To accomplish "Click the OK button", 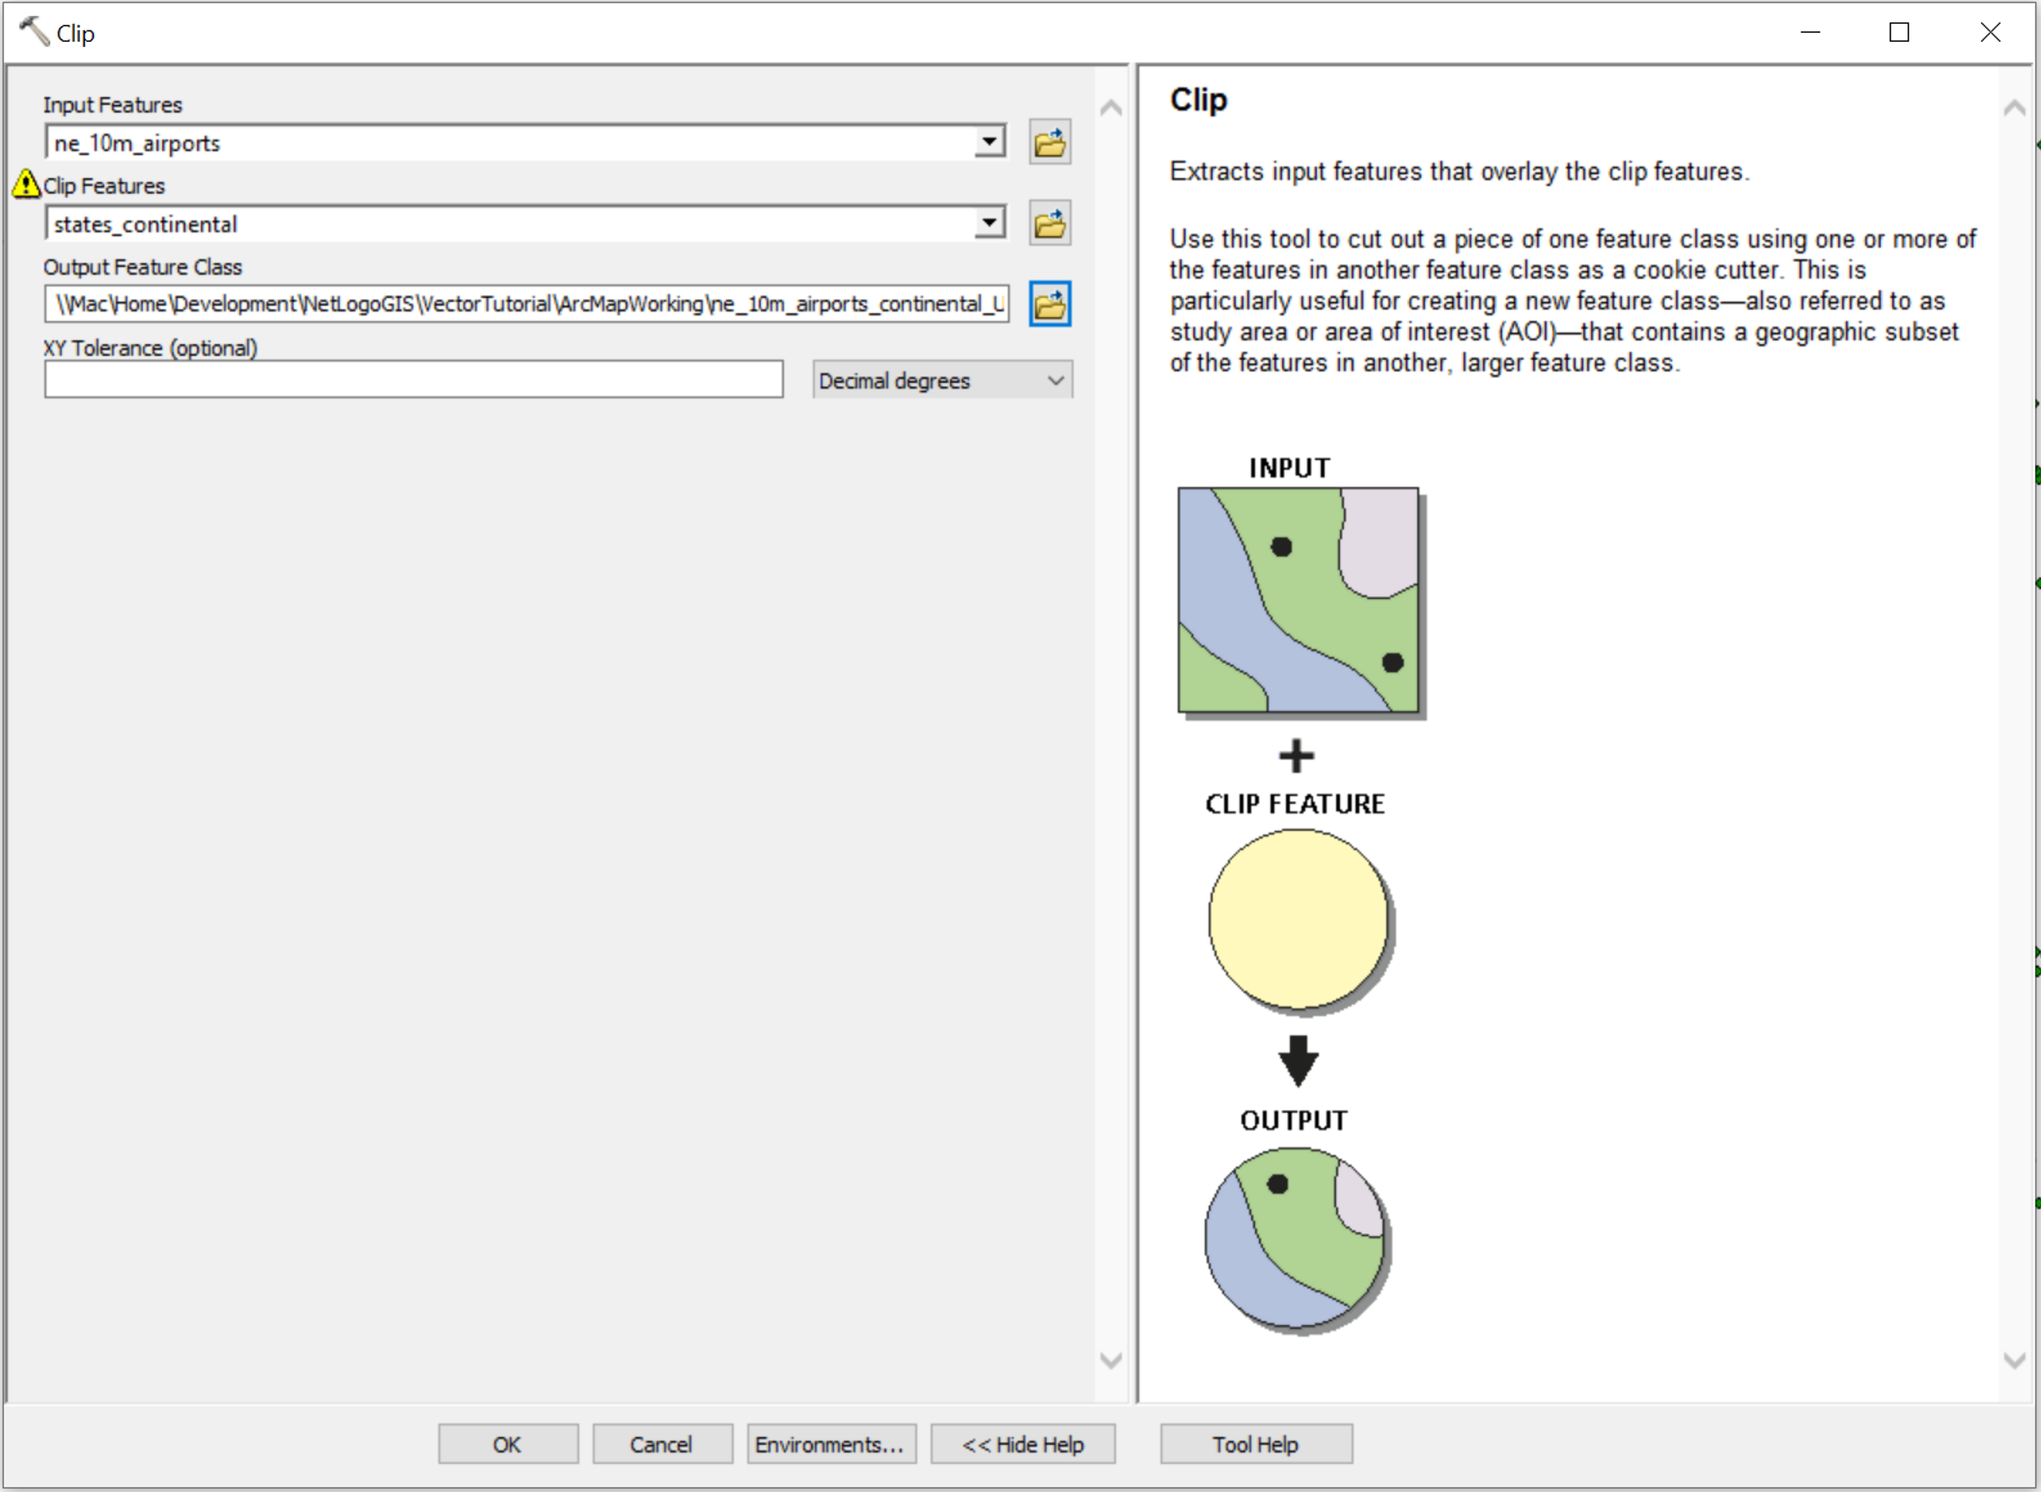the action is [x=508, y=1444].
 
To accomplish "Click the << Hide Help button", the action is [x=1022, y=1444].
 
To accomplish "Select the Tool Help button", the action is [x=1255, y=1444].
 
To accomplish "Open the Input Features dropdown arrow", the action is [x=990, y=142].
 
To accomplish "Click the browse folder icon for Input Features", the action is [x=1049, y=142].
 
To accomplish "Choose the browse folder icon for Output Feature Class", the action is [x=1049, y=303].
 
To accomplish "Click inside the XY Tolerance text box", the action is [x=413, y=380].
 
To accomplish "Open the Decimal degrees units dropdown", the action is [x=942, y=380].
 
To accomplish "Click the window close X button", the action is [x=1989, y=33].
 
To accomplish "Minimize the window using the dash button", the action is [x=1810, y=33].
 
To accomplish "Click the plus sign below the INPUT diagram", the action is [x=1297, y=756].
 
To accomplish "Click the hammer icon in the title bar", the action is [x=35, y=30].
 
